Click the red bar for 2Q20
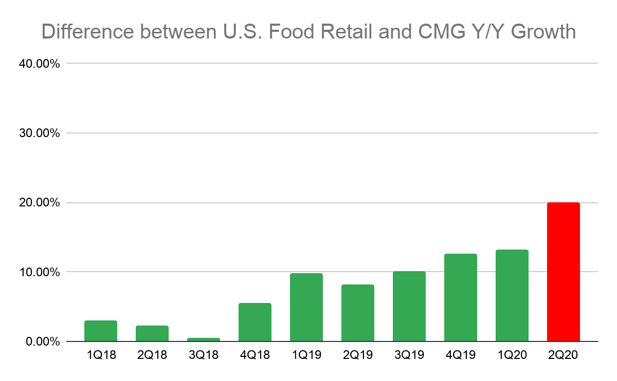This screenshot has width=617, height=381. [563, 272]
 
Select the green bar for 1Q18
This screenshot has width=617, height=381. [101, 331]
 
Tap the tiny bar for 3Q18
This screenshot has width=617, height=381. [204, 339]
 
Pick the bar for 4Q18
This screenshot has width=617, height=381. [255, 322]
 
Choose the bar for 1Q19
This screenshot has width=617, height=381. [306, 308]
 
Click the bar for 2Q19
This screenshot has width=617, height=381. [358, 313]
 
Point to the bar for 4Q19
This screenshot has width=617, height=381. [461, 298]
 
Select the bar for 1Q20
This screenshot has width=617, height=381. [512, 296]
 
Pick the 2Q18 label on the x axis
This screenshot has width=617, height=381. [152, 355]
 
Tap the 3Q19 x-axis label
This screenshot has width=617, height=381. [409, 355]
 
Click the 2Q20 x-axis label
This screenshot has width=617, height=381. [564, 355]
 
